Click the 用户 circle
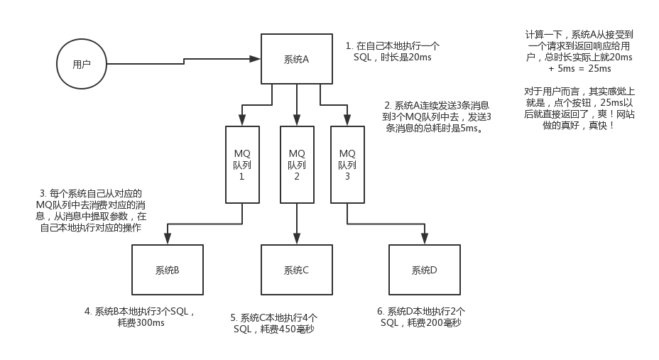pos(81,64)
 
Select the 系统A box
pos(295,60)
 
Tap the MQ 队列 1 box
pos(241,164)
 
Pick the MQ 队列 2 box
pos(297,164)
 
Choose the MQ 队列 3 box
pos(347,164)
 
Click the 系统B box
pos(167,270)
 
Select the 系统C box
pos(295,270)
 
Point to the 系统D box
pos(424,270)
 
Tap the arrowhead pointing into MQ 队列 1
pos(242,121)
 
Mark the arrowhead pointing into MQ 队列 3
pos(347,121)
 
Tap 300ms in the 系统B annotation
pos(150,322)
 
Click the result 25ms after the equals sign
pos(599,69)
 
